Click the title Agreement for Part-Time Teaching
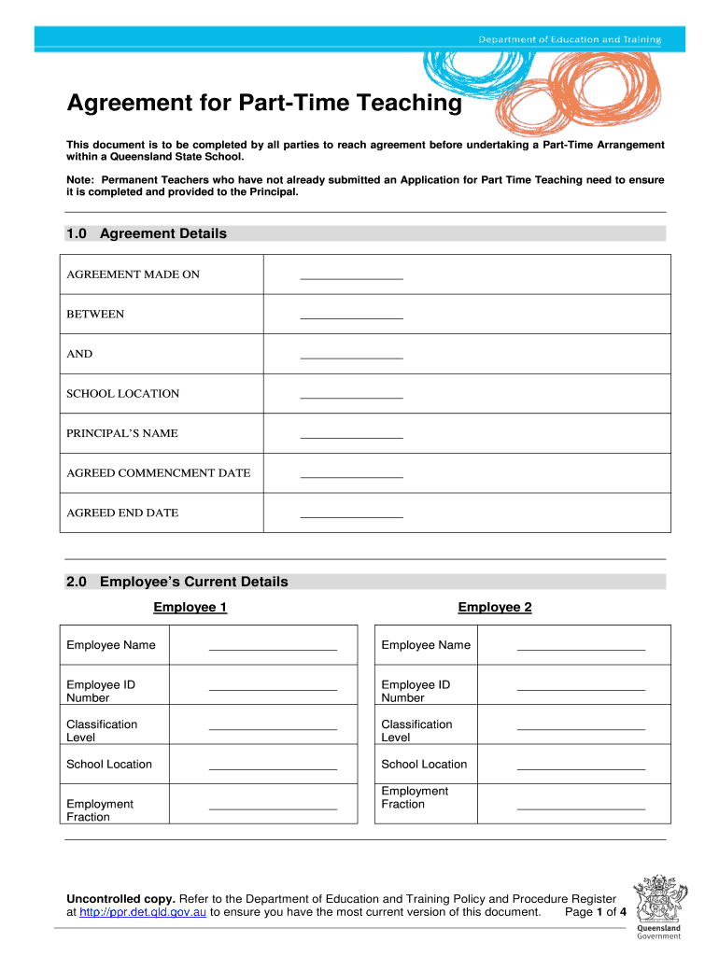(263, 103)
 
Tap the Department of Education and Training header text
(570, 39)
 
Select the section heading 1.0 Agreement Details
(147, 233)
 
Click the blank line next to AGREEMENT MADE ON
(351, 275)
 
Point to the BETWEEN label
(95, 315)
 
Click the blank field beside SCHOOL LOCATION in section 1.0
(351, 395)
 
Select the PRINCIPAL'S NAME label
(122, 433)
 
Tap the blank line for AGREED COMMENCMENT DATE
(351, 474)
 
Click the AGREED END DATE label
(122, 513)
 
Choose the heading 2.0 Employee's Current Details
(177, 582)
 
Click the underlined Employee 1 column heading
(190, 608)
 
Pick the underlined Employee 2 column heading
(495, 608)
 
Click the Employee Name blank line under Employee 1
(273, 646)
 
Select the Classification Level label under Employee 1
(102, 730)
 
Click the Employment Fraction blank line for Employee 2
(581, 806)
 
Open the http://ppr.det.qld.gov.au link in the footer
(143, 912)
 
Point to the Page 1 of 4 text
(596, 912)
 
